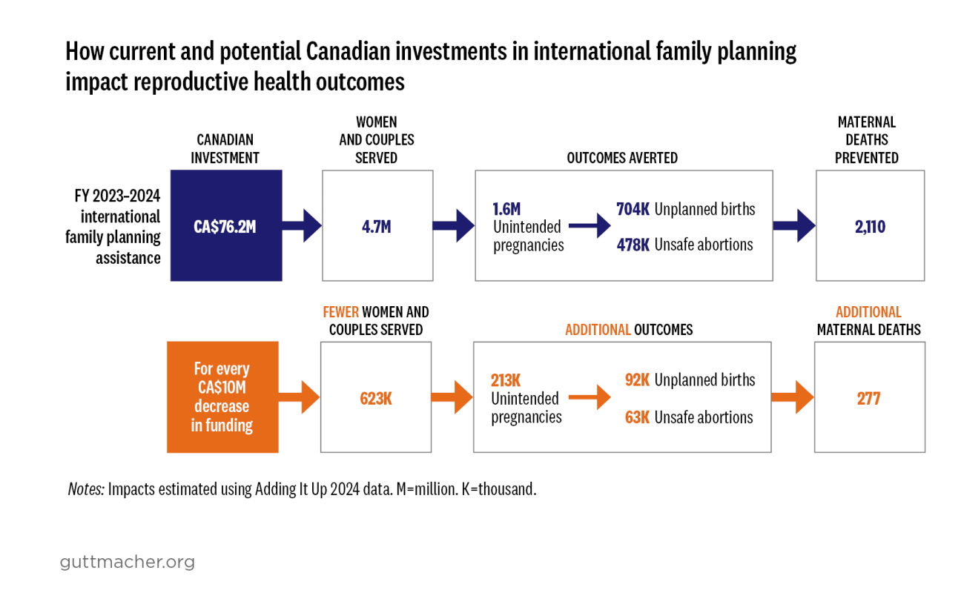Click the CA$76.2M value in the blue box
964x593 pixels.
tap(225, 227)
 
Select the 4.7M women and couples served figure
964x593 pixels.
tap(377, 227)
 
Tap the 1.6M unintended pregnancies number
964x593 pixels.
tap(506, 210)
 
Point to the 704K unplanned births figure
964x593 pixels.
tap(633, 210)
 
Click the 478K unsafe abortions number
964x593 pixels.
tap(633, 245)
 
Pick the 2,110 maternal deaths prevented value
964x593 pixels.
tap(870, 227)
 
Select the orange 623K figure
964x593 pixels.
tap(375, 398)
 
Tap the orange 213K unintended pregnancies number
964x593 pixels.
tap(506, 381)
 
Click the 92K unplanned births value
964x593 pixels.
tap(637, 380)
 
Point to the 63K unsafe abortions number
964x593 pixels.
tap(637, 417)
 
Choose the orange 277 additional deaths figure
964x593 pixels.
tap(868, 399)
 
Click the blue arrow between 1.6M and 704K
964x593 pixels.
tap(589, 227)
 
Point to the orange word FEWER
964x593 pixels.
tap(340, 312)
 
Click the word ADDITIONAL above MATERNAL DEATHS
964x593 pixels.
tap(868, 312)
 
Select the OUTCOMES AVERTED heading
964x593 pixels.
tap(622, 158)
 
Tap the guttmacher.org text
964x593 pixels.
tap(127, 562)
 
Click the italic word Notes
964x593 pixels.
tap(85, 489)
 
